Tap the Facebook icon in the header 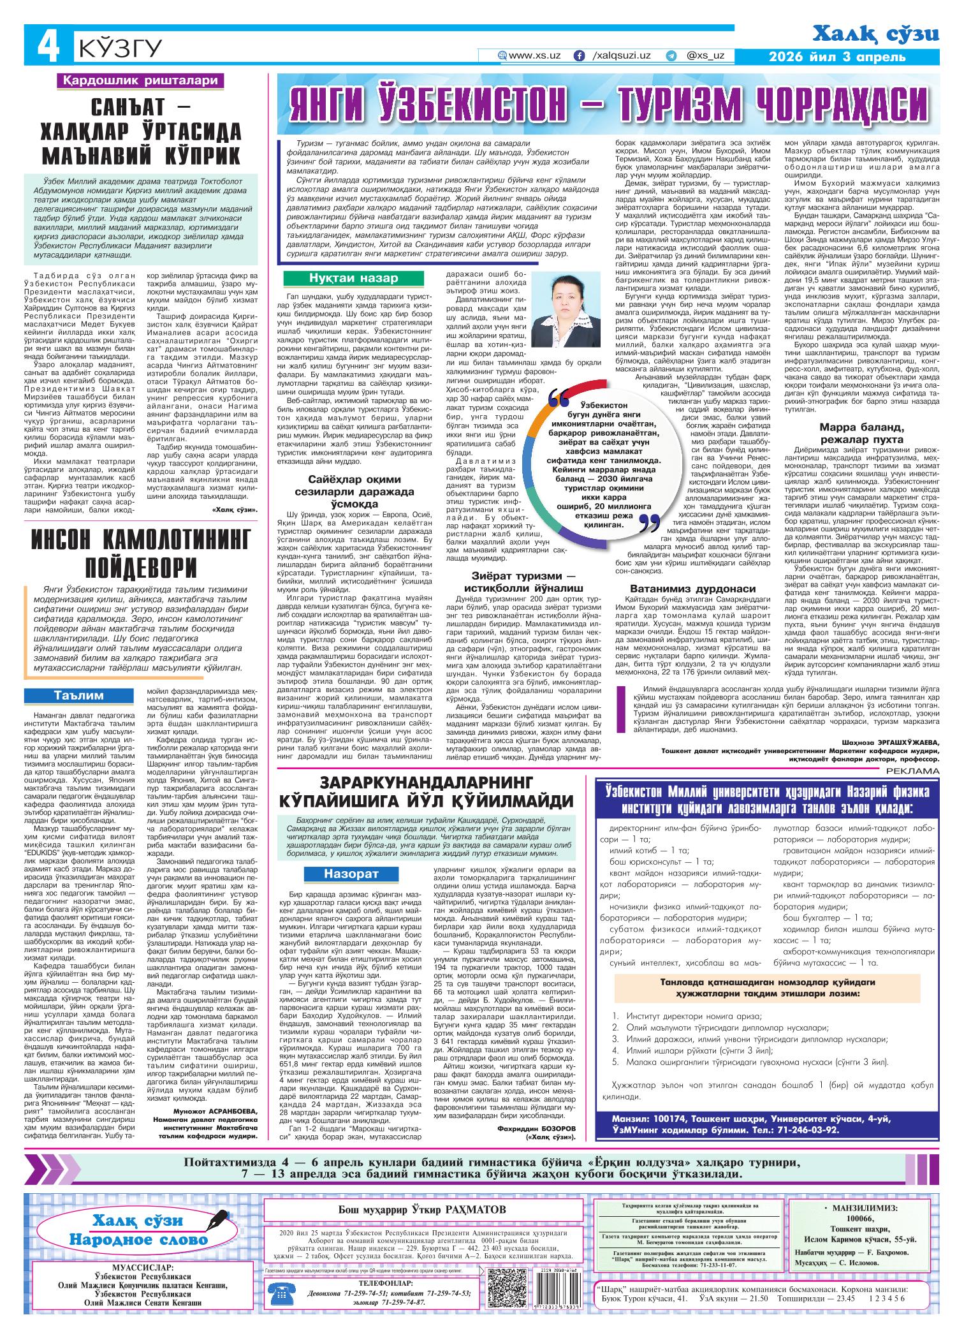tap(579, 55)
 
